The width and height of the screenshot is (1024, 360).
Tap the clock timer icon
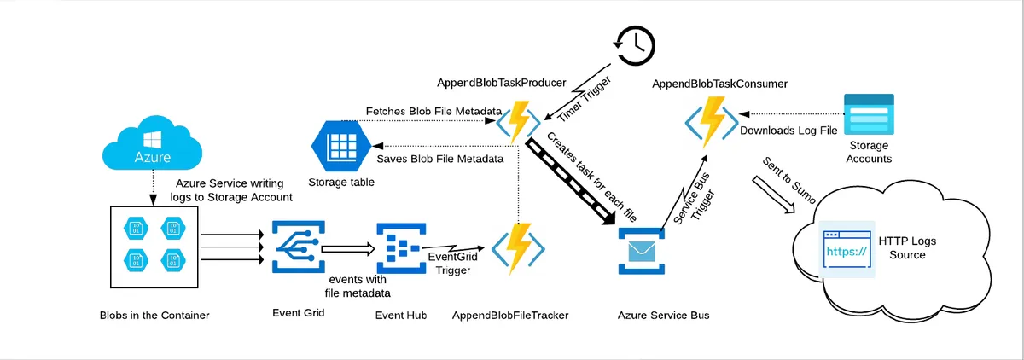pos(632,43)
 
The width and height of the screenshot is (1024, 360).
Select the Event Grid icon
pos(298,247)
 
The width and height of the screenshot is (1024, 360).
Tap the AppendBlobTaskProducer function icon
pos(519,122)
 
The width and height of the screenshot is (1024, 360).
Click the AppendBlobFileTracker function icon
pos(519,247)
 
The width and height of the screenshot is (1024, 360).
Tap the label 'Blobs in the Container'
pos(154,316)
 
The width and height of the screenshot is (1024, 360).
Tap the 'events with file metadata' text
pos(358,287)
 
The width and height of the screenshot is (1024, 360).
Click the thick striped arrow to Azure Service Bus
pos(572,181)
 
